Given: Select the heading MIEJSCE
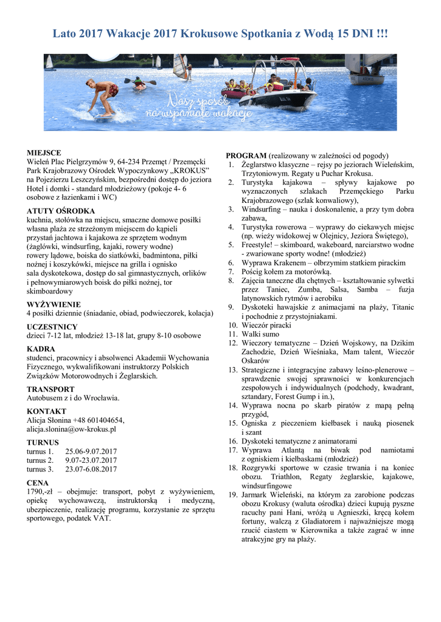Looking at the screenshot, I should (x=44, y=153).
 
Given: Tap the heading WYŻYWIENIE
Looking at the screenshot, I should (x=54, y=304).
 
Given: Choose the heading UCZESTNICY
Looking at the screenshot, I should (x=52, y=327).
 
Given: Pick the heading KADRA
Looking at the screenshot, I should (x=41, y=349).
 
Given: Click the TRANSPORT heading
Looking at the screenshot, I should (x=50, y=389).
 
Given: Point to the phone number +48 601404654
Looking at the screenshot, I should (x=98, y=420).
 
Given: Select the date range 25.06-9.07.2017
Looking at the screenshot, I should (x=91, y=452).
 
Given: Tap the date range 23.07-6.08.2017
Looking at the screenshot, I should (x=91, y=470).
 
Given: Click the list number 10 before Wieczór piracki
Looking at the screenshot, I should (x=232, y=325).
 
